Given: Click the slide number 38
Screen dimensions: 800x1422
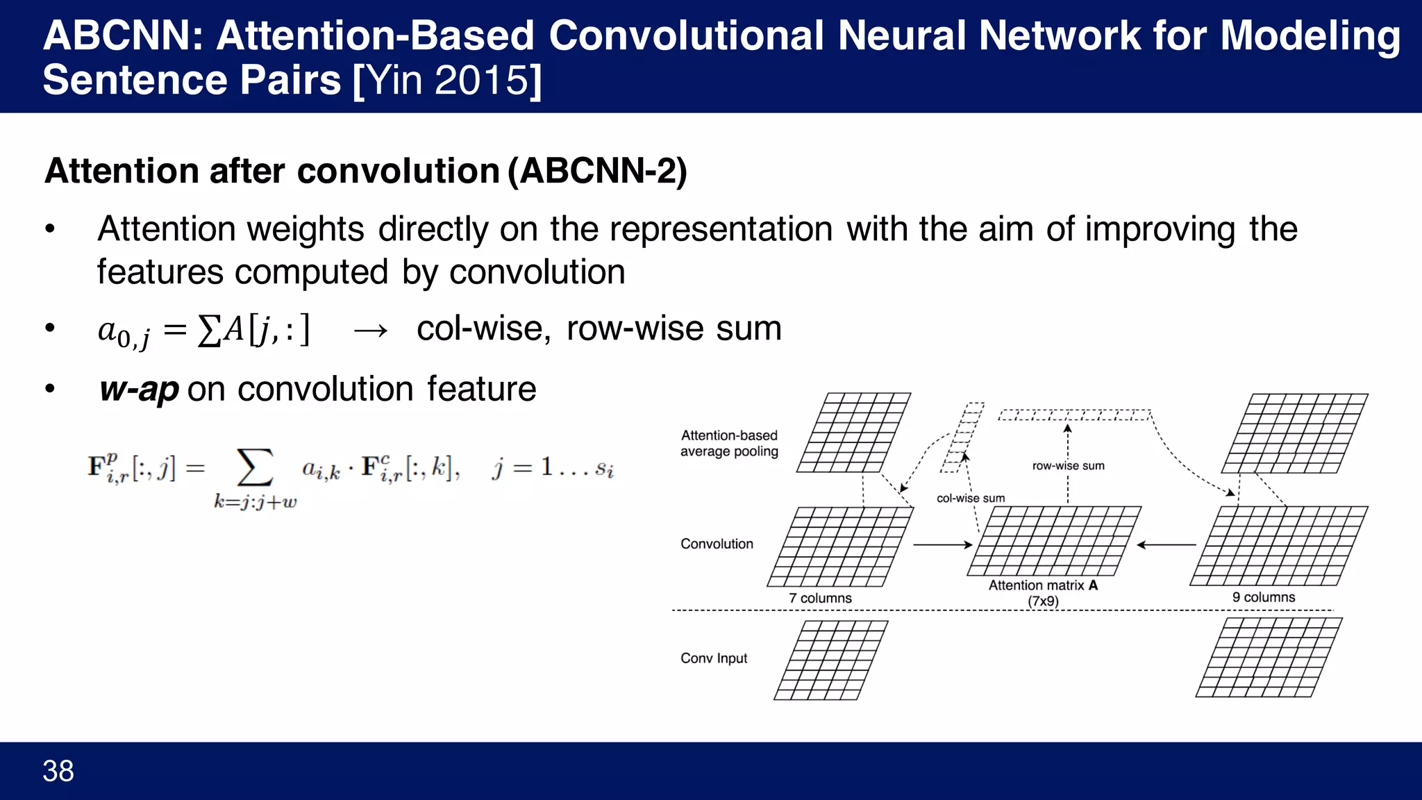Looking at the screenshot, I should pos(58,771).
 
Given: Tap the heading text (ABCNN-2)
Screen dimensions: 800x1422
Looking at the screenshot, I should pos(597,171).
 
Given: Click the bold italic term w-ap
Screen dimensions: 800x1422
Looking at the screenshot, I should pos(140,389).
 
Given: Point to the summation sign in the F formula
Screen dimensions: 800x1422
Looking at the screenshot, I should pos(255,468).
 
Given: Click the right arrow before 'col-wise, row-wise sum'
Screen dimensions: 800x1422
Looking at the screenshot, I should pos(370,331).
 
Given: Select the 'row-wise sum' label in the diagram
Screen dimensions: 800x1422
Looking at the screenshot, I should pos(1068,466).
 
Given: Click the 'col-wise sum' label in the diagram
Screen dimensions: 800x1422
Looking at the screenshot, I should pos(971,498).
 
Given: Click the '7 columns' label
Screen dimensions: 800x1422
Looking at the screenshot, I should pos(820,598).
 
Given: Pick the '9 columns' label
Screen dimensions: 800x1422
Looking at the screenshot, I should pos(1264,597).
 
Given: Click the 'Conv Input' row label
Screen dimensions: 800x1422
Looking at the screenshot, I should pos(714,658).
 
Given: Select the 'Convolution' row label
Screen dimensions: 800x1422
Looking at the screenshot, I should pos(717,544).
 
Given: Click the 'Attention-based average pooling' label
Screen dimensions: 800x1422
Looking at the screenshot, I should pos(729,443).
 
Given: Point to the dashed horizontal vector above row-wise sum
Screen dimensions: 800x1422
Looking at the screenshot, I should pos(1074,415).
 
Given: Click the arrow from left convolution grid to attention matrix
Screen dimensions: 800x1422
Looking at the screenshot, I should pos(942,545).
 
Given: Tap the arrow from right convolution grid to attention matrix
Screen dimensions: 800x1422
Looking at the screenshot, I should pos(1166,545).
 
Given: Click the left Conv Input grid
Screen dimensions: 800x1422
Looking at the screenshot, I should pos(830,660).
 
